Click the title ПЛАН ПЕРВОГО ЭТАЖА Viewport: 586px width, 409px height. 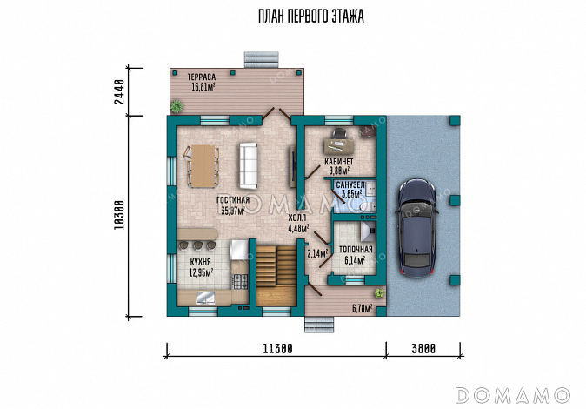(311, 16)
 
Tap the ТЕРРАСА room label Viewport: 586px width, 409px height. (202, 77)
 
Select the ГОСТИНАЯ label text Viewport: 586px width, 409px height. (233, 200)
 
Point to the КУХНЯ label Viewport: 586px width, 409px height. (200, 262)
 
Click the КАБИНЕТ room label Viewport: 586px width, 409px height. (338, 162)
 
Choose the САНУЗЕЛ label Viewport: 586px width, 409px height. (350, 185)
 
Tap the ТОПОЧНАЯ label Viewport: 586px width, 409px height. (356, 250)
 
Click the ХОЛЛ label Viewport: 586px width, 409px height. (297, 218)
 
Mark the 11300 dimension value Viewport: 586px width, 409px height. (277, 349)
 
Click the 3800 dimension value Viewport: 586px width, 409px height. (423, 349)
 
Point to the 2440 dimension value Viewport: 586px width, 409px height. (119, 91)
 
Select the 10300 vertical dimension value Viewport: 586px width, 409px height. (119, 216)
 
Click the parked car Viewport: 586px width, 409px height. (416, 228)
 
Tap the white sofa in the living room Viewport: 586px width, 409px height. (249, 165)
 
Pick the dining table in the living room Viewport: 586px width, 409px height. (203, 165)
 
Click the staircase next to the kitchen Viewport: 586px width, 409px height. (276, 276)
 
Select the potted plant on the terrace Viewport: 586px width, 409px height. (176, 107)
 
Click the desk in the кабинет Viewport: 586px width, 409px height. (338, 145)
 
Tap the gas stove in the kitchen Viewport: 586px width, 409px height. (241, 281)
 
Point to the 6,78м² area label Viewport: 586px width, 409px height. (363, 309)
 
